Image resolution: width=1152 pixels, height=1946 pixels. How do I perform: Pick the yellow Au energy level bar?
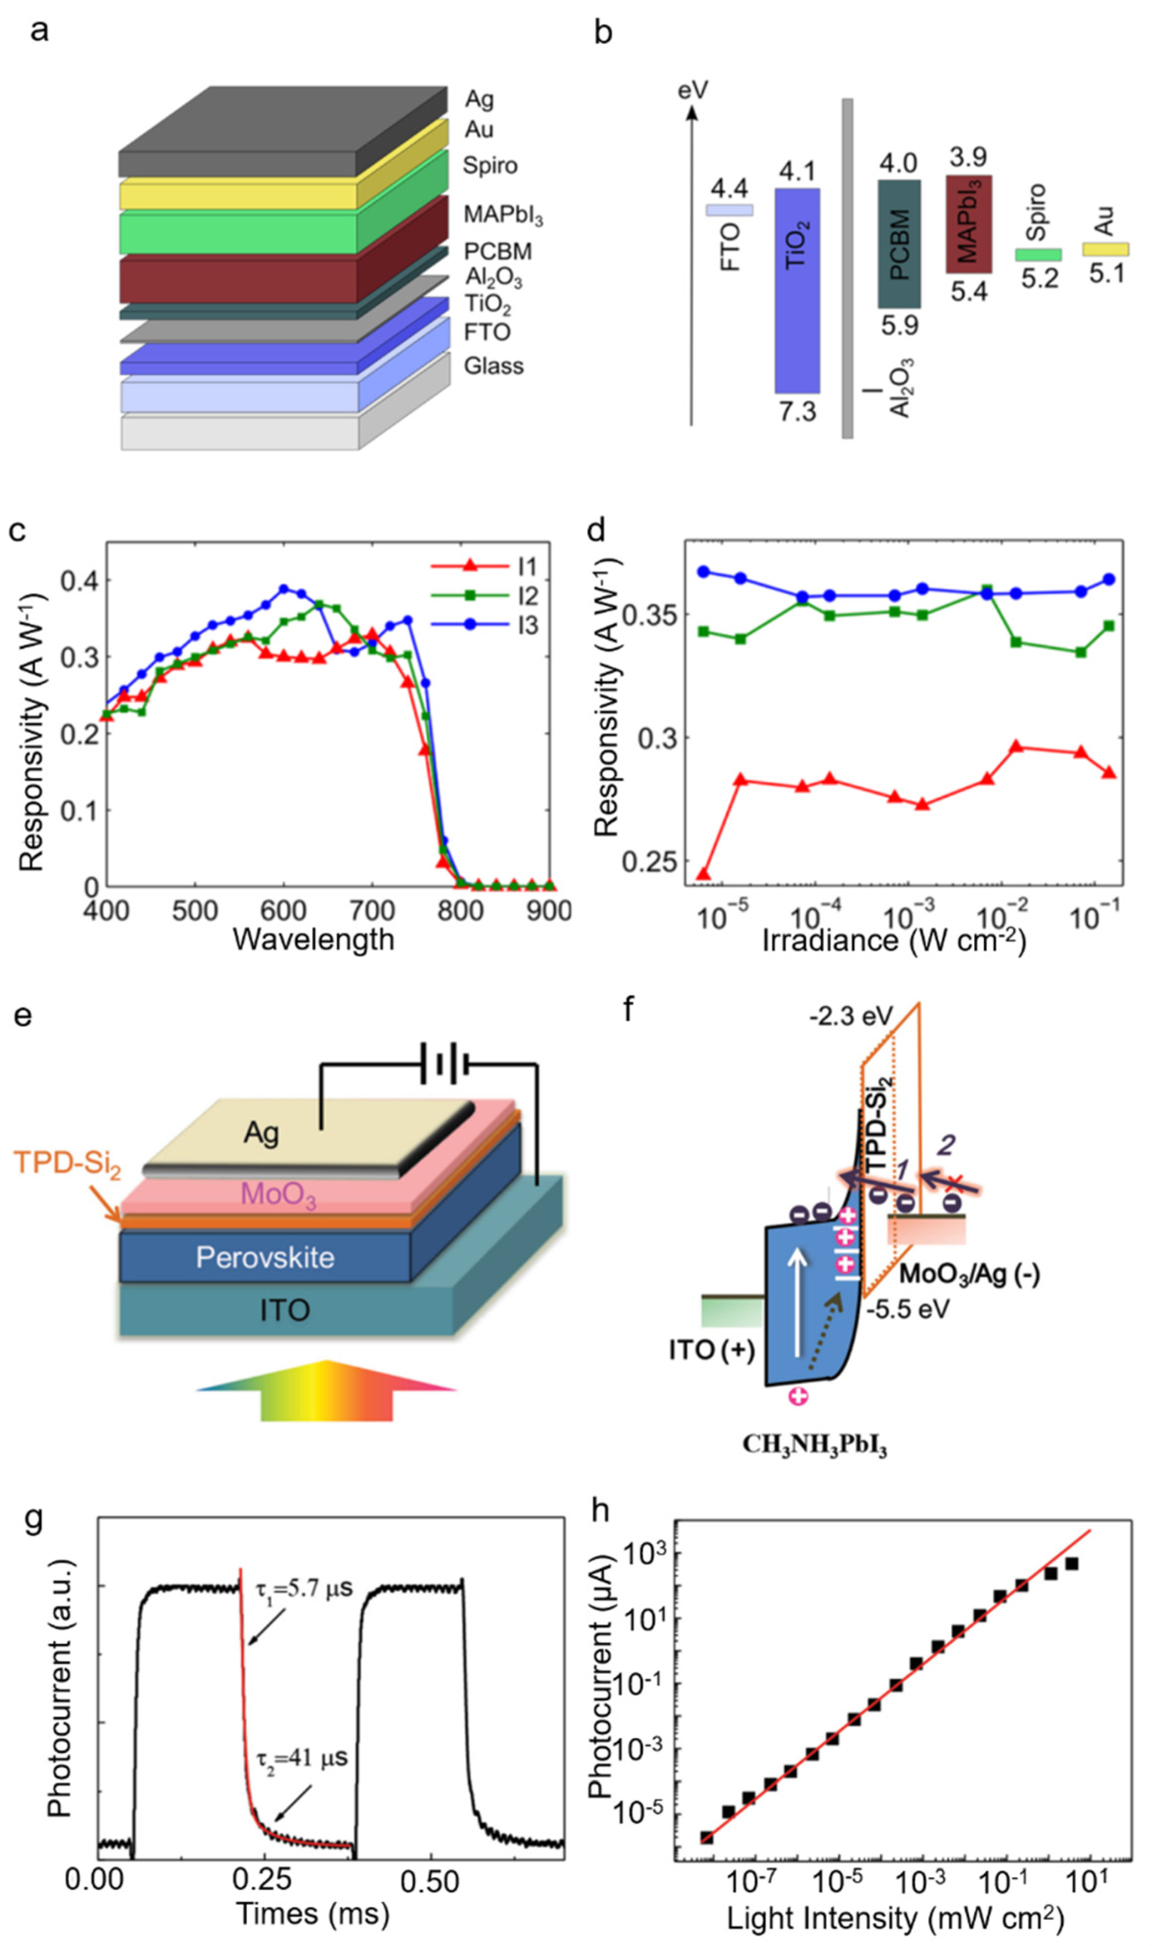(1105, 249)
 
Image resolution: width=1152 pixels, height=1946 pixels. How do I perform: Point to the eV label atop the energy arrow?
(692, 90)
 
